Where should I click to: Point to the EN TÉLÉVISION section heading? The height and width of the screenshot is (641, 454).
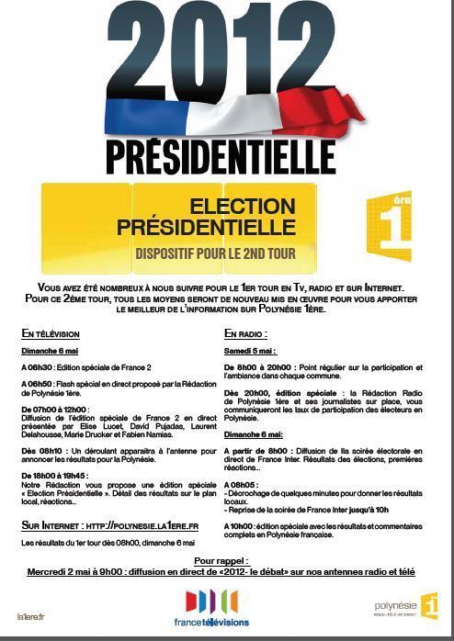click(x=51, y=333)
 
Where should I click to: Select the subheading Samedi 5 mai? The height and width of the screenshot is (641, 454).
click(x=252, y=351)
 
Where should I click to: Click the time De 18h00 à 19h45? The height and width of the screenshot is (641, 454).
click(x=54, y=476)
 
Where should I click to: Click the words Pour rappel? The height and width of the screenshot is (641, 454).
click(x=219, y=559)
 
